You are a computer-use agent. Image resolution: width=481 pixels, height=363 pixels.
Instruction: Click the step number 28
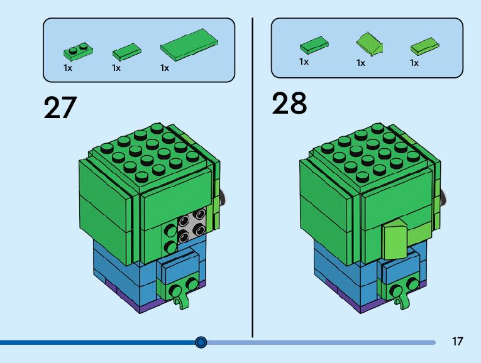click(289, 103)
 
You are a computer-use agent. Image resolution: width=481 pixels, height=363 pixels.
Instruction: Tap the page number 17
click(457, 342)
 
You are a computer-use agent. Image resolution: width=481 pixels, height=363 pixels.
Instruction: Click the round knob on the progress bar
click(201, 342)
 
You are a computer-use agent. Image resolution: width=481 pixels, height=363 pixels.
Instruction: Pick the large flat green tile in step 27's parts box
click(189, 45)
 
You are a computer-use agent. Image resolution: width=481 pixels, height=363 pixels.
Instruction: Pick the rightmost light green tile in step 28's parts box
click(424, 46)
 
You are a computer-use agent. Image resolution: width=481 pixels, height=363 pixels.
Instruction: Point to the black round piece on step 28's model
click(445, 198)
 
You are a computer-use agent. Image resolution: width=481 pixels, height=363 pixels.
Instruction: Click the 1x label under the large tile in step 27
click(165, 68)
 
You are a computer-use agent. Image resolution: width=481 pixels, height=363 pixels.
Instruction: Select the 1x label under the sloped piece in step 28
click(361, 63)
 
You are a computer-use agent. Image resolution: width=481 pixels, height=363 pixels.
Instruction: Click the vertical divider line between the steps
click(253, 176)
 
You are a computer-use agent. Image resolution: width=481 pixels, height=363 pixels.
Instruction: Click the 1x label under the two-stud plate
click(68, 68)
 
